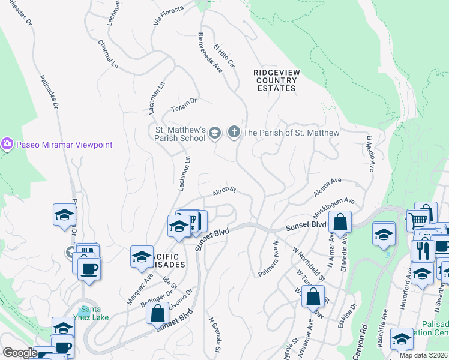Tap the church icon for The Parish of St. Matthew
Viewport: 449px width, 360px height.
[234, 133]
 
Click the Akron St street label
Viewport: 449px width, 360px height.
[224, 191]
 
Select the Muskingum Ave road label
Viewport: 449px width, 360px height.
[333, 208]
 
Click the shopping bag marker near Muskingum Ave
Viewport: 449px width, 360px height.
[340, 223]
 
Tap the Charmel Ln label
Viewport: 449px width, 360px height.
[103, 53]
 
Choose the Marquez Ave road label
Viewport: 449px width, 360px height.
[139, 289]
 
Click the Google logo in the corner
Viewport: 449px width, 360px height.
[19, 353]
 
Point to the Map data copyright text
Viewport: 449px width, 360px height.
[423, 355]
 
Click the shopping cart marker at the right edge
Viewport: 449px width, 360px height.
[418, 219]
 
